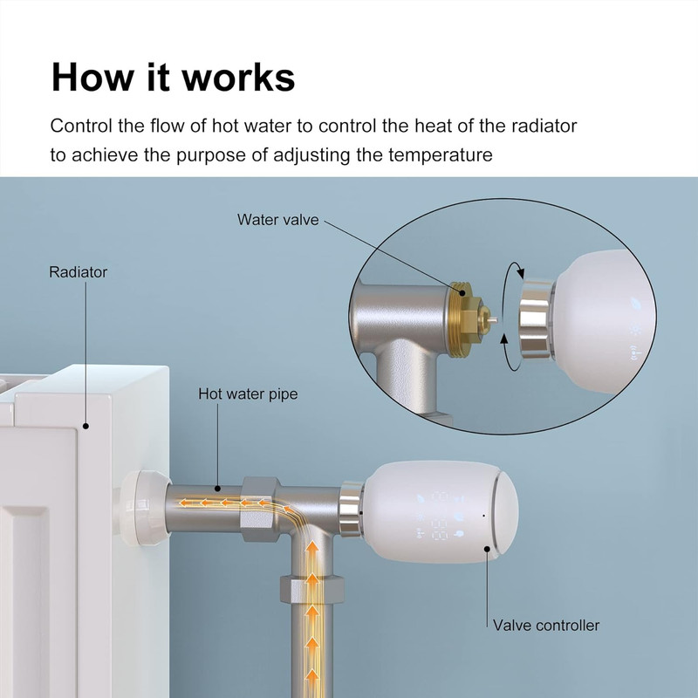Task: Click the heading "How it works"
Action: (173, 78)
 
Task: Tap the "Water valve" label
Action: (277, 220)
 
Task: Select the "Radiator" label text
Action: (78, 272)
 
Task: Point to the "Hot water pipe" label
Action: (248, 394)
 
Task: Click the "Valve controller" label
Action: (546, 626)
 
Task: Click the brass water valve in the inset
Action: (469, 318)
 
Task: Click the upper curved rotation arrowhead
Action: (519, 271)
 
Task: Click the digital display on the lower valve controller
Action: (440, 517)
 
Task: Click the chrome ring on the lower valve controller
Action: (352, 509)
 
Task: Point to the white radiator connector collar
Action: (143, 509)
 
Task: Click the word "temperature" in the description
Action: (441, 155)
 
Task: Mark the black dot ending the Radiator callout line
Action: (86, 426)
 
